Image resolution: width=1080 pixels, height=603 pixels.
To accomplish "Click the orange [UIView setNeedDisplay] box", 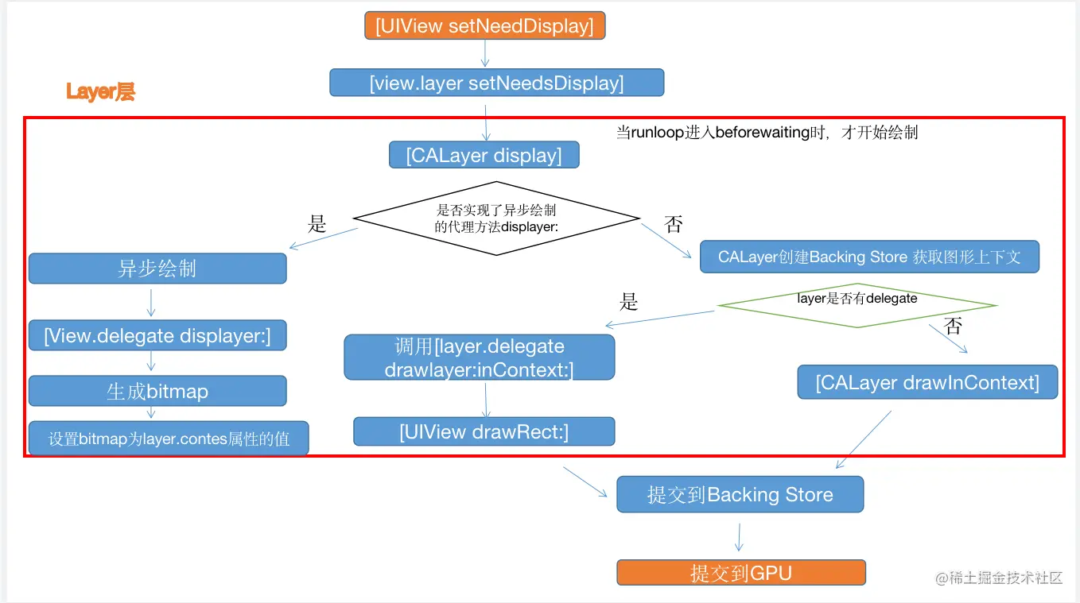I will click(x=485, y=25).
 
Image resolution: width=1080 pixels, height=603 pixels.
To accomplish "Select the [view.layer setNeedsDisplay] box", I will click(x=496, y=83).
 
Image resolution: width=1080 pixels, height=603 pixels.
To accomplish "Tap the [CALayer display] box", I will click(x=484, y=155).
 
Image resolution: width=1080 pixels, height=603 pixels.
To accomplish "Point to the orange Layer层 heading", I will click(x=100, y=92).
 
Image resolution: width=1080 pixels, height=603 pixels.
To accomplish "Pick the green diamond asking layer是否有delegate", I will click(x=857, y=304).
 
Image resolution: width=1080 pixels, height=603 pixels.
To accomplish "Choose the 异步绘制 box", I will click(x=157, y=269).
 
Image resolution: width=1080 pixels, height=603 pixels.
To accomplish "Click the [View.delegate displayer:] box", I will click(x=157, y=335).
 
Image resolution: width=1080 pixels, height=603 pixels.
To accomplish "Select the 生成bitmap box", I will click(x=157, y=391).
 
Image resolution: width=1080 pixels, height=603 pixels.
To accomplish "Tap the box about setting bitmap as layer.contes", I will click(x=169, y=439).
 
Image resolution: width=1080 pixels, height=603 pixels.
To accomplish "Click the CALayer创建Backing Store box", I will click(x=869, y=257).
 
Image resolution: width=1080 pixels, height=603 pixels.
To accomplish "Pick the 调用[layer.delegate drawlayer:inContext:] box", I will click(x=479, y=358).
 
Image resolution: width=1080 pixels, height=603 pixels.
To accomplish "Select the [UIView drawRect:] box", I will click(x=484, y=432).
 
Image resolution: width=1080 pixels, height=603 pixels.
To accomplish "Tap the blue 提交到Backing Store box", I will click(x=740, y=495).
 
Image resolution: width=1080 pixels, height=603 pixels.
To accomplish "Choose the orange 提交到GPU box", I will click(x=740, y=573).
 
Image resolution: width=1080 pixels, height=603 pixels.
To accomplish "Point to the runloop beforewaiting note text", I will click(x=767, y=132).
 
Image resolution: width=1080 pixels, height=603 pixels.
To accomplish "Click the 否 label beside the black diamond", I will click(x=674, y=225).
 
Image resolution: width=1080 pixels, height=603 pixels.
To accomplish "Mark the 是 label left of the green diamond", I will click(x=629, y=302).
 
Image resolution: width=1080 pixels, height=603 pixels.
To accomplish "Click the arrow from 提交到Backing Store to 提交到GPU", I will click(x=739, y=536).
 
